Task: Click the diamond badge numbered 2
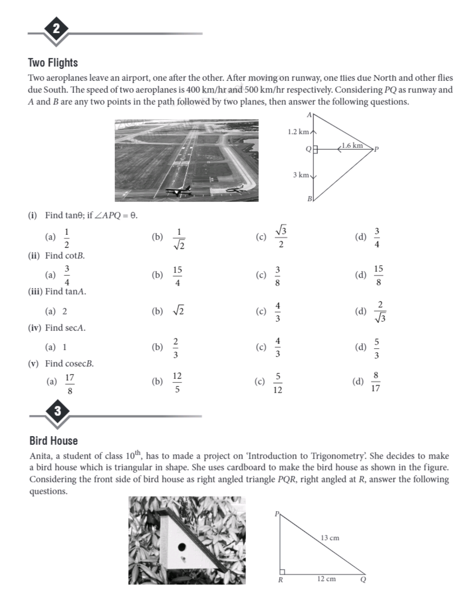tap(56, 29)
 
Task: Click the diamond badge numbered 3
tap(57, 411)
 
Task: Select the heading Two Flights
tap(53, 63)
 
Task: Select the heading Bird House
tap(53, 441)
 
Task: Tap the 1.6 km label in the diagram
tap(352, 146)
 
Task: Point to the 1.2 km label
tap(298, 132)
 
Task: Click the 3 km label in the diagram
tap(301, 175)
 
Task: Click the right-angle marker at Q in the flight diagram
tap(315, 149)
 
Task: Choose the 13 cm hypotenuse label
tap(330, 538)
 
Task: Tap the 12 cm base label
tap(326, 579)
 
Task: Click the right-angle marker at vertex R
tap(282, 572)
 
